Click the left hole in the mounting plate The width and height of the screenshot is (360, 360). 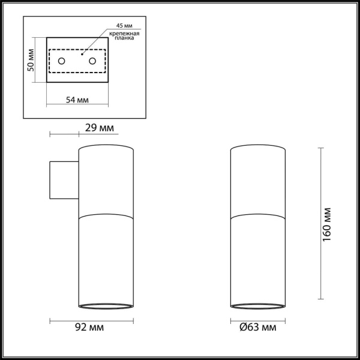tap(62, 61)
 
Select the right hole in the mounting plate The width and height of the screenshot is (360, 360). tap(92, 61)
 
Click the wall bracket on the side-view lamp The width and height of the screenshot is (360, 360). tap(63, 179)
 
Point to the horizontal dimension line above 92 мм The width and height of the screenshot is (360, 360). tap(91, 319)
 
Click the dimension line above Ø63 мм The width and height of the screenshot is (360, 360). tap(257, 319)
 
